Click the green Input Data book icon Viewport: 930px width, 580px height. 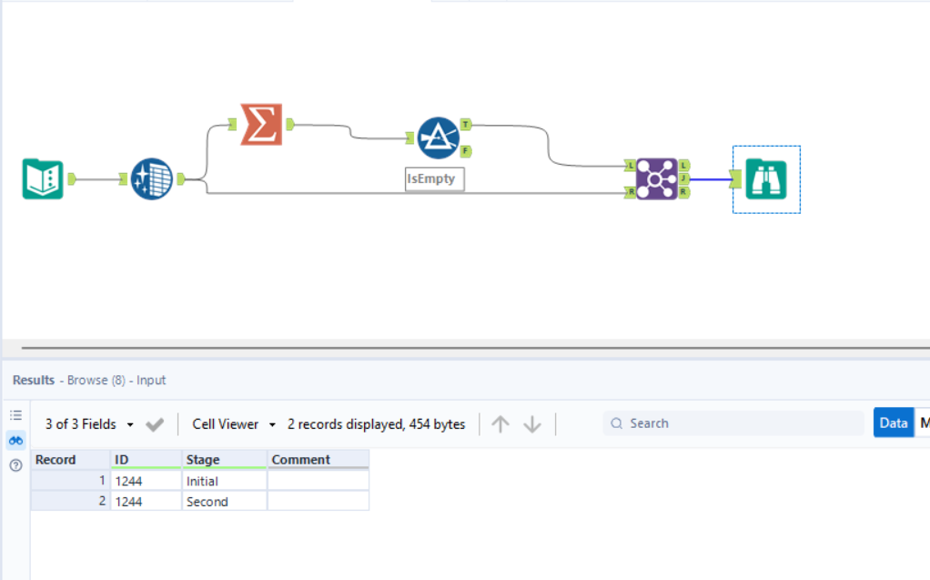point(43,178)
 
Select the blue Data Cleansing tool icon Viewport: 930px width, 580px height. point(152,178)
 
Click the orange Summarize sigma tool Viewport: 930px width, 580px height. point(261,125)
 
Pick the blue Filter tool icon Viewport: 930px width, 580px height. point(438,137)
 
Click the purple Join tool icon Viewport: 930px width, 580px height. point(656,178)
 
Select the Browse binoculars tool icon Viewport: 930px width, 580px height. point(766,179)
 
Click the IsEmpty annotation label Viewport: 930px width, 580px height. point(435,179)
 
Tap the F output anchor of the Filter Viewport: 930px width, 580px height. point(466,150)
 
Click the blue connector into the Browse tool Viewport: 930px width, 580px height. point(711,179)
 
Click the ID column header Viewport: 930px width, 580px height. point(146,460)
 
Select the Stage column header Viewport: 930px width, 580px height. point(224,460)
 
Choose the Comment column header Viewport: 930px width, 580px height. point(318,460)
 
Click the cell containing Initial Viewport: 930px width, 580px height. point(224,481)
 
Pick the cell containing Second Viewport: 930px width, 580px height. point(224,502)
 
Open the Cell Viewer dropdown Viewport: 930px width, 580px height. point(234,424)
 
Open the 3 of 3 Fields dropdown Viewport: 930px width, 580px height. point(89,424)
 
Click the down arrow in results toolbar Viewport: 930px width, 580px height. point(532,424)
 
